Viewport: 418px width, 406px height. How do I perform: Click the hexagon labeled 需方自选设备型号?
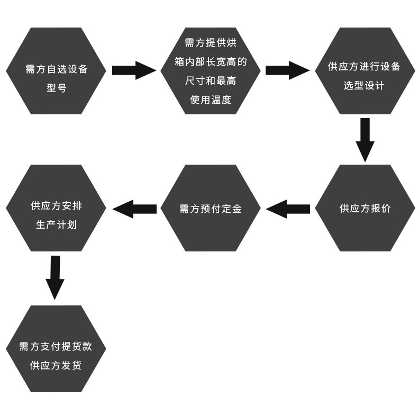tap(56, 71)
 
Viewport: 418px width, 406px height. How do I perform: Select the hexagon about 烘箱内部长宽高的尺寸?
tap(211, 71)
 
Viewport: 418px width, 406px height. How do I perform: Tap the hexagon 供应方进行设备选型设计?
tap(365, 71)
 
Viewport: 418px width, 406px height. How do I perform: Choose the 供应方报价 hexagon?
tap(365, 208)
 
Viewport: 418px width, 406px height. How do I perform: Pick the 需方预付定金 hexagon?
tap(211, 208)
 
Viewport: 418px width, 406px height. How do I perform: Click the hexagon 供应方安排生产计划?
tap(56, 208)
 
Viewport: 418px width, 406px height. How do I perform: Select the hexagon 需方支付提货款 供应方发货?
tap(56, 349)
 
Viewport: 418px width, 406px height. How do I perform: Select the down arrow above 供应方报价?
tap(365, 139)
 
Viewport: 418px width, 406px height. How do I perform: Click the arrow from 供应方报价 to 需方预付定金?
tap(288, 209)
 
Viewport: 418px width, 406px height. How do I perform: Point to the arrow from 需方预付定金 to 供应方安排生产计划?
tap(134, 209)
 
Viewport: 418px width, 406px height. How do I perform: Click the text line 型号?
tap(56, 87)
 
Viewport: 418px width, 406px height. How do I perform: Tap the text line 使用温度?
tap(211, 99)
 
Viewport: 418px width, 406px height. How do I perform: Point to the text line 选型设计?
tap(364, 86)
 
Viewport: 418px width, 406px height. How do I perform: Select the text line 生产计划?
tap(56, 224)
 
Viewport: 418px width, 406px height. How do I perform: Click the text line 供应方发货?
tap(56, 365)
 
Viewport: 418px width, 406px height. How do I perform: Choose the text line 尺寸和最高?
tap(211, 81)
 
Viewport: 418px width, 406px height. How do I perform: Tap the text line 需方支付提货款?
tap(56, 347)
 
